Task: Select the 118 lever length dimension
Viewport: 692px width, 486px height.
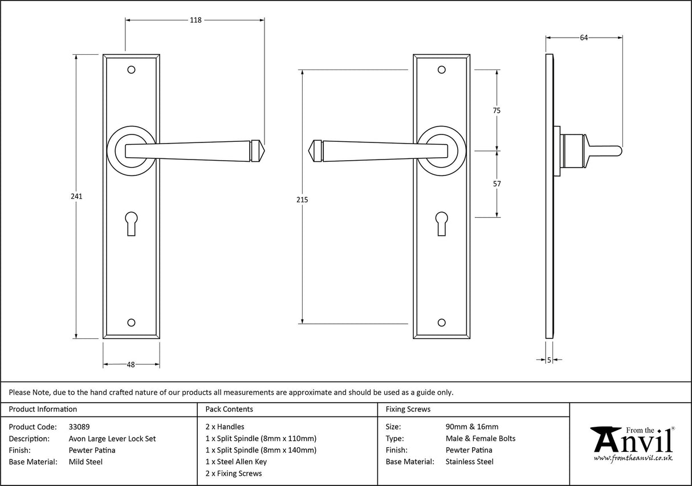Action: point(196,20)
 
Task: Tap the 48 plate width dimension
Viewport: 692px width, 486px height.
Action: point(131,365)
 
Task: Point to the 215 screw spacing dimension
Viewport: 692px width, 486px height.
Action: point(302,199)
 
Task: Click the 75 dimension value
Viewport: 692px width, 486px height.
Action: point(496,111)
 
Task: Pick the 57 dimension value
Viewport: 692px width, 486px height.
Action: point(496,183)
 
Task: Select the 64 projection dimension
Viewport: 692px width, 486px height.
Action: point(584,38)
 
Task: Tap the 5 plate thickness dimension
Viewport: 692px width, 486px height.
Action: point(549,360)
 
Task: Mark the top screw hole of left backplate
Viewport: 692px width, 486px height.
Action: point(131,70)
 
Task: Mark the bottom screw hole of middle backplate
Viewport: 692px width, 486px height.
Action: point(441,322)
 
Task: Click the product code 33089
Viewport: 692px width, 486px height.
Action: point(79,427)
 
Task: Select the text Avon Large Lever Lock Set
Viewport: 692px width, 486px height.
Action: point(112,439)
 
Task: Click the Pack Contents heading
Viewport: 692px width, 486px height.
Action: point(229,409)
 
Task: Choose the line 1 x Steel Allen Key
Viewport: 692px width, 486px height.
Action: point(236,462)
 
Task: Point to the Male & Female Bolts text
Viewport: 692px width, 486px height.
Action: point(480,439)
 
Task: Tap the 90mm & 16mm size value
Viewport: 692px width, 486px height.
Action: point(471,427)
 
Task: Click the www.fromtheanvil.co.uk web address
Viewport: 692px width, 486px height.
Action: point(633,458)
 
